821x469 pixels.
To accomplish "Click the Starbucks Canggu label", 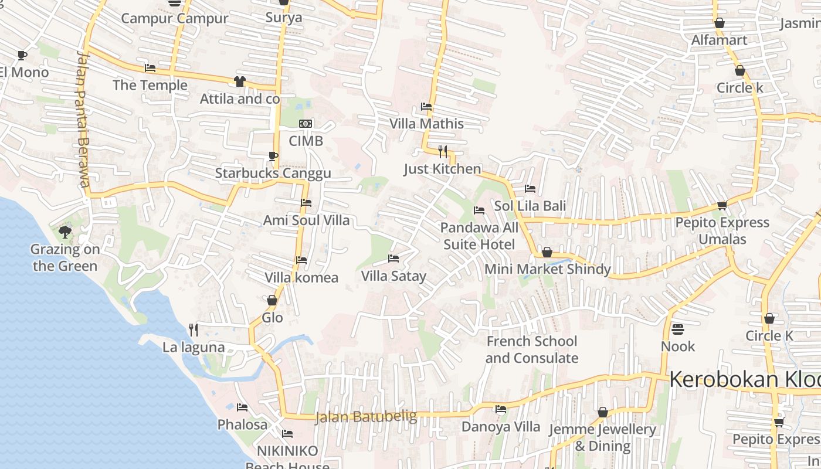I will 273,174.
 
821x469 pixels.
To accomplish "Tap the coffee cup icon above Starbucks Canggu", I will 273,156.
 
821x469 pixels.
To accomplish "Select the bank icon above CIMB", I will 306,124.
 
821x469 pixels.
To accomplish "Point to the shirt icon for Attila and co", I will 240,81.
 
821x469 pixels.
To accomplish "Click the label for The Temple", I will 150,86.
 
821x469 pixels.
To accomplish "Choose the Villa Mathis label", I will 427,124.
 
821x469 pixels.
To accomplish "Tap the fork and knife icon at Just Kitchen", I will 443,152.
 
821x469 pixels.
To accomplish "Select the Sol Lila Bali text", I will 530,206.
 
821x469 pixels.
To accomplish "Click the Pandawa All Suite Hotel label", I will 479,236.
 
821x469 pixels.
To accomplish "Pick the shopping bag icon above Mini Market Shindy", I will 547,252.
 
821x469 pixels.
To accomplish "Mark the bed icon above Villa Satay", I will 393,259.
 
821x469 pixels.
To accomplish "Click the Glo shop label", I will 273,318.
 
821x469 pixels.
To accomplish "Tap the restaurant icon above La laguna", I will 194,330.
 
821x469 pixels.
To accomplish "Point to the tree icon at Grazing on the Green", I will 65,232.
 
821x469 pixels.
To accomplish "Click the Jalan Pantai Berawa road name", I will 84,120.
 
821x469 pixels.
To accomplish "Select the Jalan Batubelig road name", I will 366,417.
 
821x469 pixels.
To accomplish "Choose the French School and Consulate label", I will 531,349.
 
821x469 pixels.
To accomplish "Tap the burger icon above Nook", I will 678,329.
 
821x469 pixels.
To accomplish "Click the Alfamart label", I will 719,40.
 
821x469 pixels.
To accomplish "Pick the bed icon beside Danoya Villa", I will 501,409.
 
